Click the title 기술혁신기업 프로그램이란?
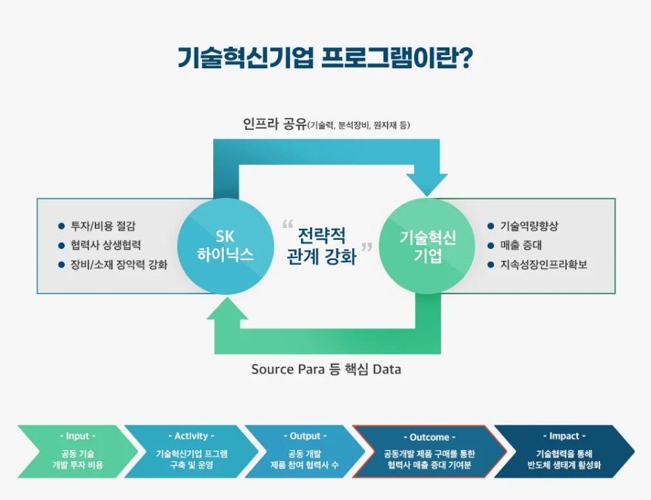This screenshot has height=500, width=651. [x=325, y=57]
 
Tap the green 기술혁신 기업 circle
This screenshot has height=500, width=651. [x=427, y=245]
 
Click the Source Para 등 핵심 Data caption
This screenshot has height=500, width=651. [x=325, y=369]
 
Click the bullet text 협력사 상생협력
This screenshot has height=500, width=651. [x=105, y=245]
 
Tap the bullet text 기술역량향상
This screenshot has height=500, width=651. [x=529, y=226]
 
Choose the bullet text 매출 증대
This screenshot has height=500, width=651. [x=521, y=245]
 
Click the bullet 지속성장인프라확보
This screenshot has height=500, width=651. [x=544, y=265]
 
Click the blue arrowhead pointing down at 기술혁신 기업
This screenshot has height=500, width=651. [x=427, y=183]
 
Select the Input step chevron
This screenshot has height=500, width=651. [x=77, y=450]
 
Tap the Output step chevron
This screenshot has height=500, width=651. [x=305, y=450]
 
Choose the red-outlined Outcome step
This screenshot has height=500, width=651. [x=429, y=450]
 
